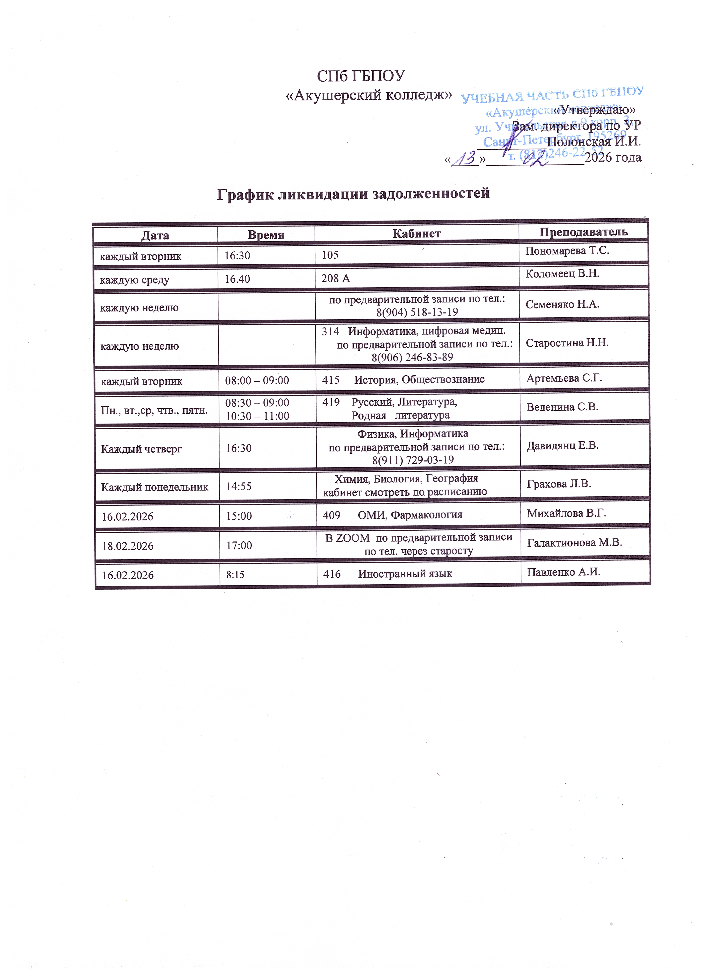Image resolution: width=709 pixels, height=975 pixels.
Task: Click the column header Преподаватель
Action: (583, 232)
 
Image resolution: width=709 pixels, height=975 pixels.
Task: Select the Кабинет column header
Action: (417, 233)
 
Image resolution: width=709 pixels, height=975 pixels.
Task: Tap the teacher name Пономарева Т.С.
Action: (567, 251)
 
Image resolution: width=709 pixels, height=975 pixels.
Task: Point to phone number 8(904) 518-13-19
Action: (417, 312)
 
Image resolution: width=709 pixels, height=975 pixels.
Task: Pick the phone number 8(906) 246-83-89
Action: (412, 357)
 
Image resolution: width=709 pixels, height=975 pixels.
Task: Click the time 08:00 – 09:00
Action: (257, 380)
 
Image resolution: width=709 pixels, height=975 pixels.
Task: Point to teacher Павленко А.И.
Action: (564, 572)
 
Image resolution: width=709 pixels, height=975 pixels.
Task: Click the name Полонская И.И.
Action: (594, 141)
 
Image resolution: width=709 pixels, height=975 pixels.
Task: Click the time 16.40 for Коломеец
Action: (237, 279)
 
